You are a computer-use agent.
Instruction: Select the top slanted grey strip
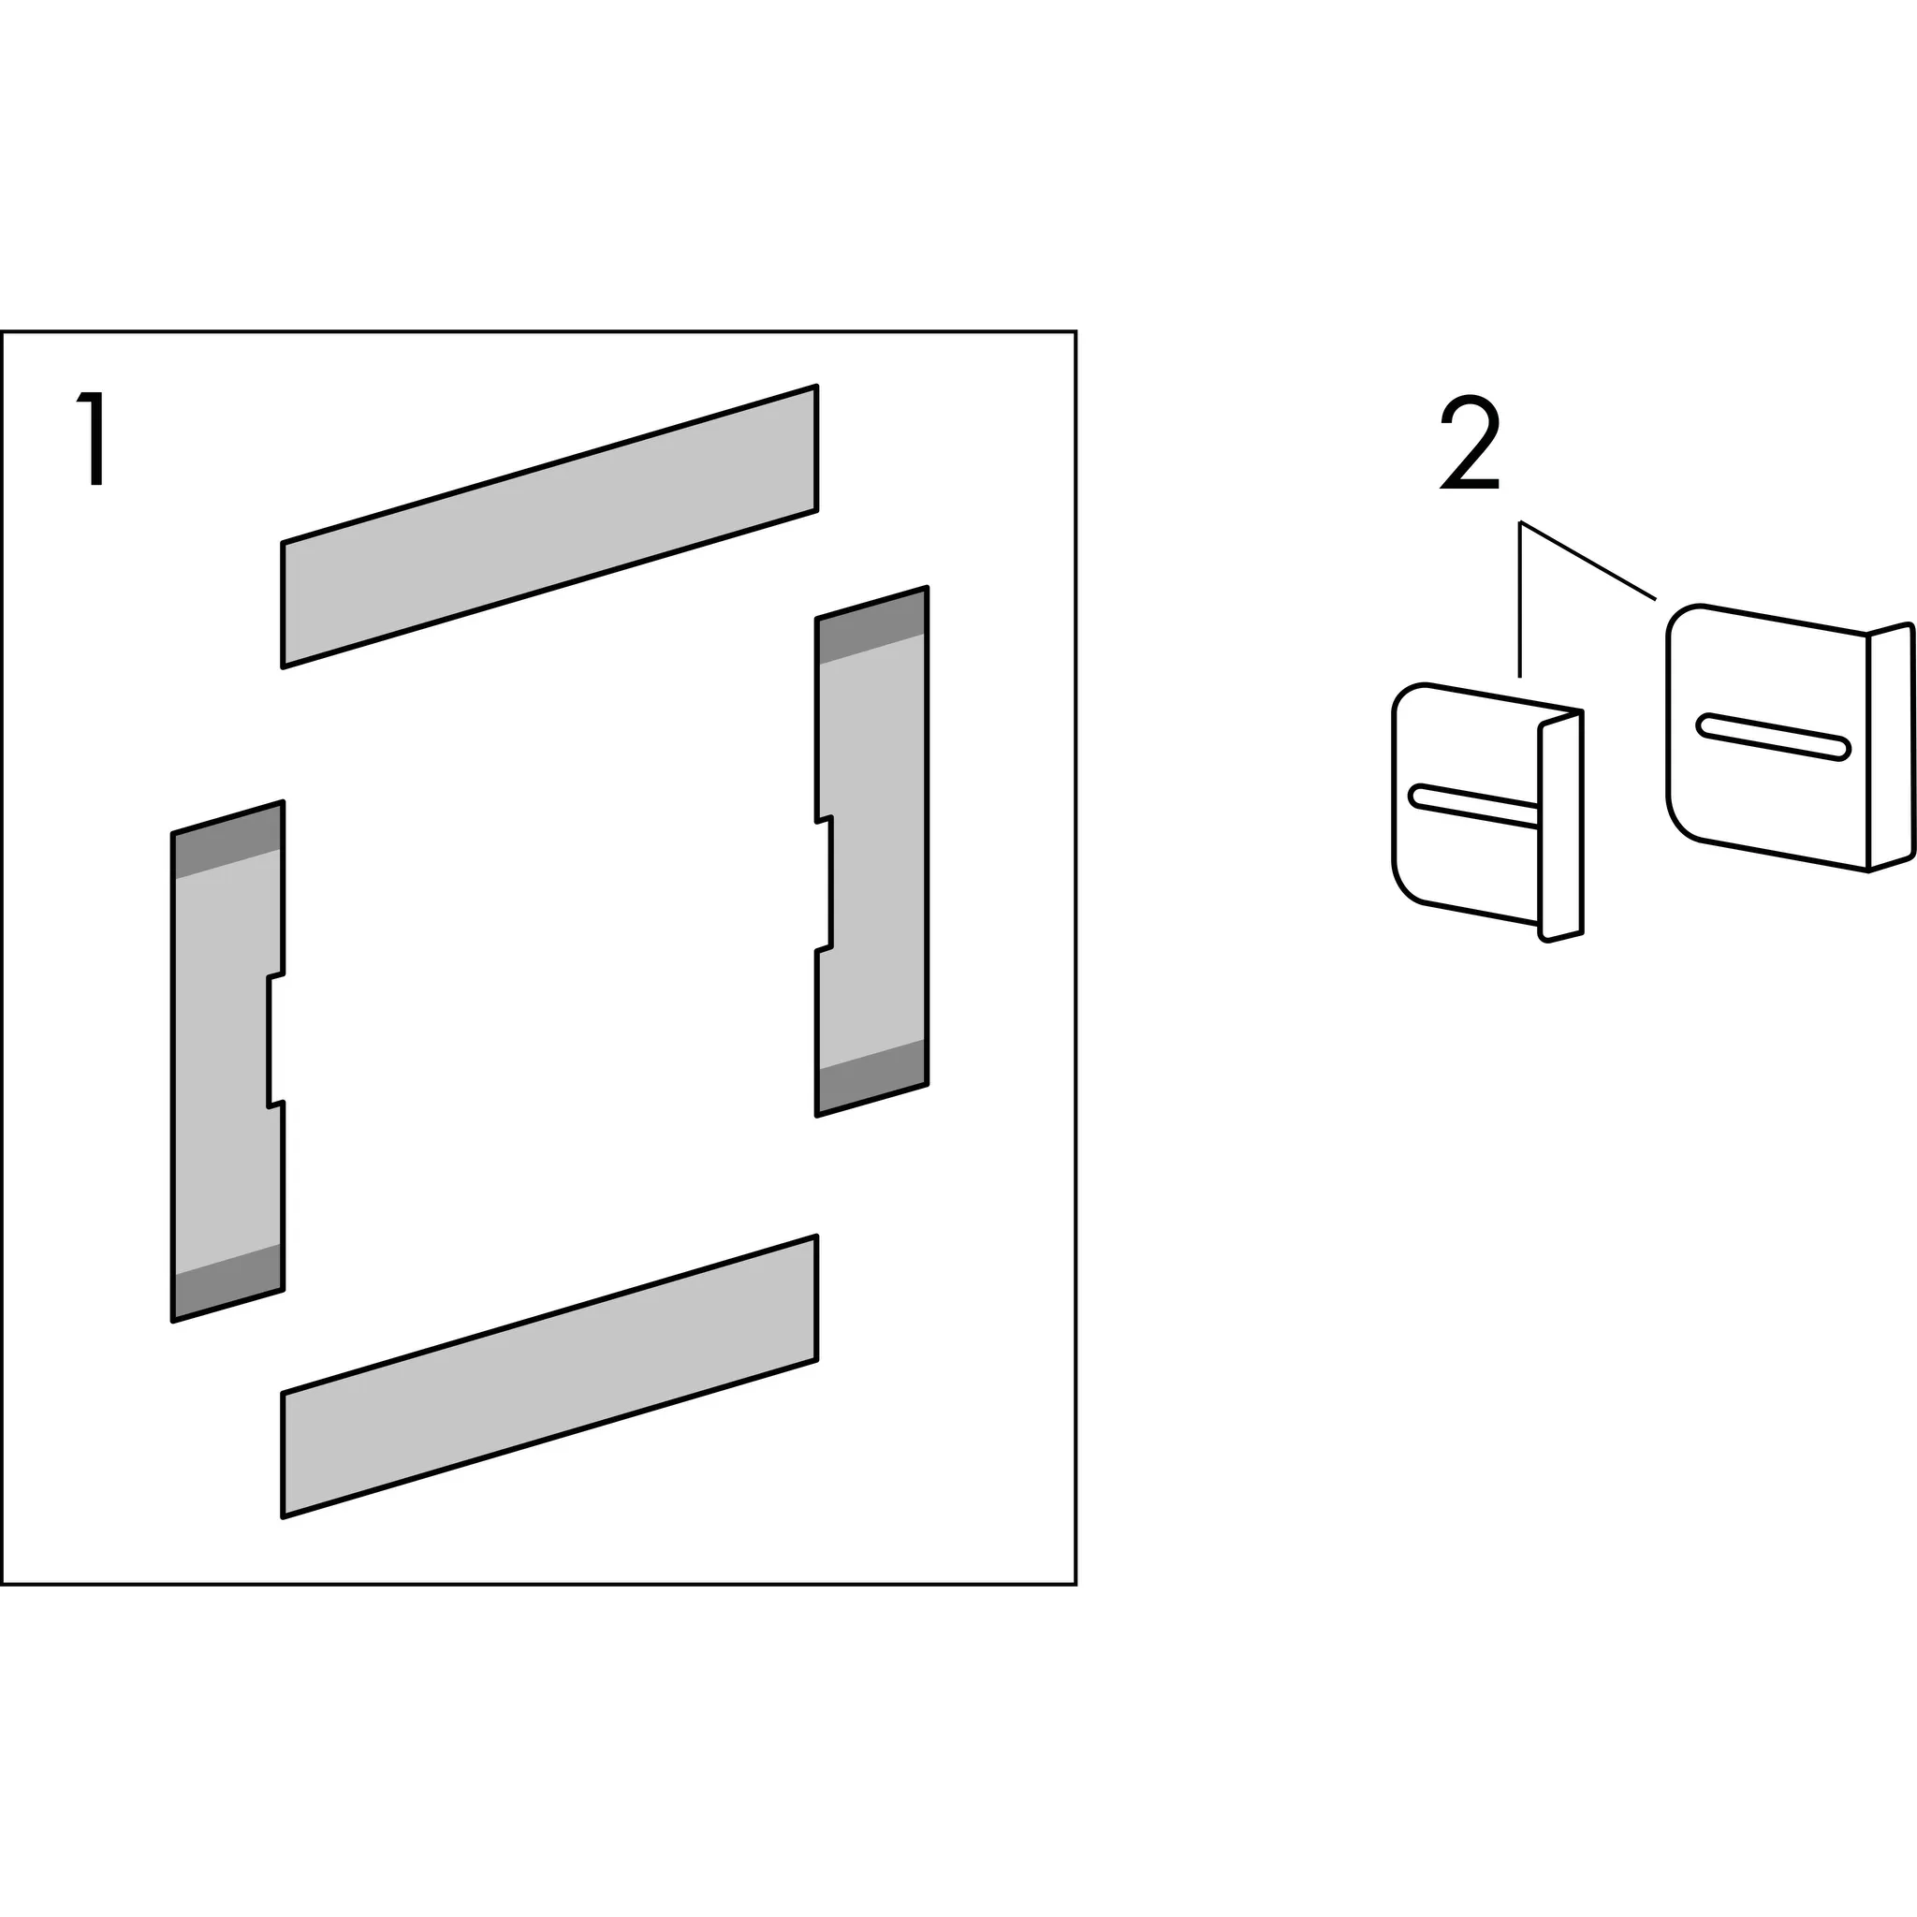pos(549,526)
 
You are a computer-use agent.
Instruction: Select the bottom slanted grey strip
pos(549,1376)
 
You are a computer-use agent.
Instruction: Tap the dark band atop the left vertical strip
pos(228,841)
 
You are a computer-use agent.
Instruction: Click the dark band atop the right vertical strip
pos(871,625)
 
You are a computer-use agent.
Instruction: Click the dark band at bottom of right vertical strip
pos(871,1077)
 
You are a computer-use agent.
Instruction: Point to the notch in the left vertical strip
pos(276,1040)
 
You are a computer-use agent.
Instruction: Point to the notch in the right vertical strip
pos(825,884)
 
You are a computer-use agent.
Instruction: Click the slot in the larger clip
pos(1774,738)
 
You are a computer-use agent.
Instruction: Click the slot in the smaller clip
pos(1474,805)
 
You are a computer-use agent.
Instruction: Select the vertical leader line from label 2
pos(1520,599)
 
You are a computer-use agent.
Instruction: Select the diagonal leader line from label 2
pos(1588,561)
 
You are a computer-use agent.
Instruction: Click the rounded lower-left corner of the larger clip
pos(1681,820)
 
